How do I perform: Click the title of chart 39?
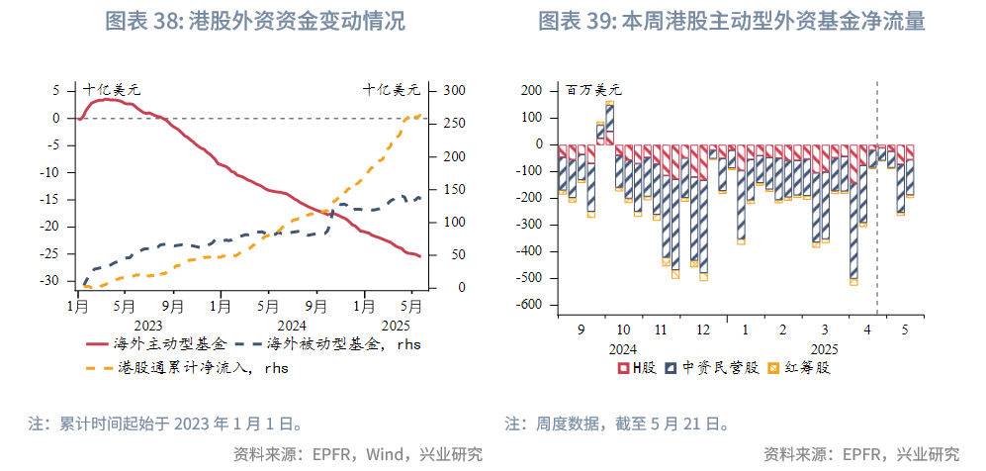(x=732, y=22)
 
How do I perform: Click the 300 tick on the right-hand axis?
(x=453, y=90)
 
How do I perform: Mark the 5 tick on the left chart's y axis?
(x=56, y=90)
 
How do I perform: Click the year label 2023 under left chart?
(x=147, y=325)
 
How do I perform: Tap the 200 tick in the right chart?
(x=532, y=90)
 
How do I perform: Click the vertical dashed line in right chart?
(x=878, y=198)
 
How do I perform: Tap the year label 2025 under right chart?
(x=823, y=348)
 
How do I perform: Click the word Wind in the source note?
(x=386, y=454)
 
